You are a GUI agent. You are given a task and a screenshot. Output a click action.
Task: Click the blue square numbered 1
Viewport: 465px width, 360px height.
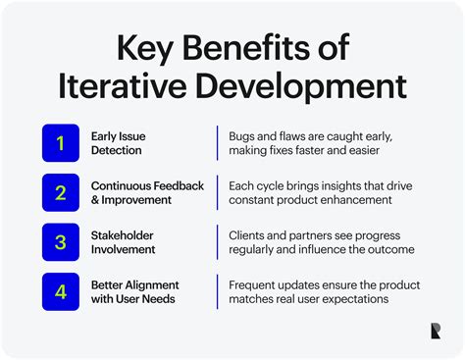tap(59, 144)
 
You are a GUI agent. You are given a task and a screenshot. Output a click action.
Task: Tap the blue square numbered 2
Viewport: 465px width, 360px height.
tap(59, 192)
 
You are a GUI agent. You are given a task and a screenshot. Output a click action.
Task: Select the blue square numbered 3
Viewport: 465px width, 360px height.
tap(59, 241)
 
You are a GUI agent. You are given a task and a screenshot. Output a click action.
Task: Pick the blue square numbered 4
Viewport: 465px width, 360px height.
tap(59, 290)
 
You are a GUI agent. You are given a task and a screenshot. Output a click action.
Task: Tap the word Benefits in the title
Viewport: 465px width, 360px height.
tap(248, 48)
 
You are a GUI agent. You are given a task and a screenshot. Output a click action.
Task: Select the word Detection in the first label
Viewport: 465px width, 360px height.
tap(117, 151)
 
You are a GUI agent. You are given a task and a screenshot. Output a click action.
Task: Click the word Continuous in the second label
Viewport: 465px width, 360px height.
tap(123, 184)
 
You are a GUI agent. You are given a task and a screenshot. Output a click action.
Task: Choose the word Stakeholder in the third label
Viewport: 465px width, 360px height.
tap(123, 233)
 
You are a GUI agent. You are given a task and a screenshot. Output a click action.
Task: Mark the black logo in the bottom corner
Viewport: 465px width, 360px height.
tap(434, 331)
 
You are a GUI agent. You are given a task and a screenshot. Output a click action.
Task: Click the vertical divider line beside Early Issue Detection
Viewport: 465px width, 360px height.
tap(217, 143)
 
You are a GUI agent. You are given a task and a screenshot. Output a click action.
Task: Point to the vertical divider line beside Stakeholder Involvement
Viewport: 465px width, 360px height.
tap(217, 241)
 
